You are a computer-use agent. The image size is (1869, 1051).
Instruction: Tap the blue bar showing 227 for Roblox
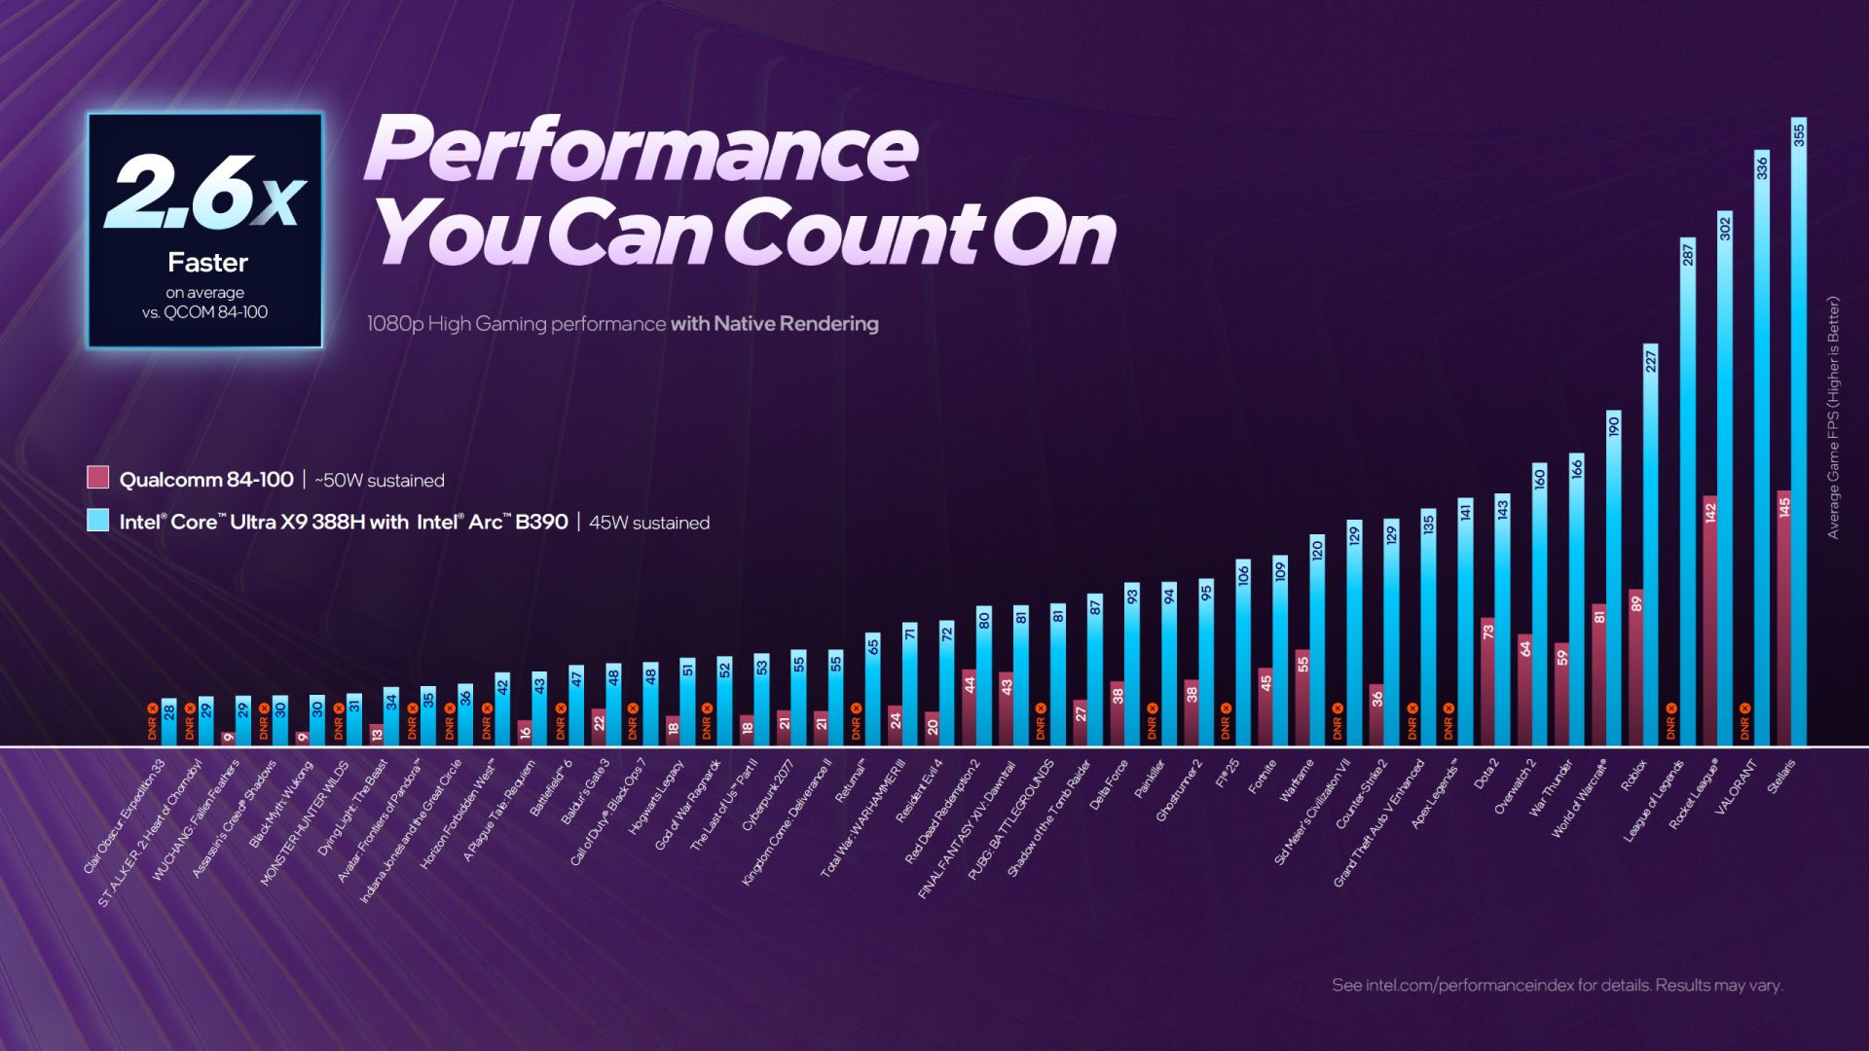point(1651,545)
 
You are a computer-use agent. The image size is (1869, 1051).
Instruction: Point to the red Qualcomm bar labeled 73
point(1487,681)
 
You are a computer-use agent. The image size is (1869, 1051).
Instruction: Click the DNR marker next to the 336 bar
point(1745,722)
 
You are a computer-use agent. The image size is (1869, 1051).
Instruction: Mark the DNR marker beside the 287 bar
point(1671,722)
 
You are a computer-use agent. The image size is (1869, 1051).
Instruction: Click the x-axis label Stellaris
point(1781,777)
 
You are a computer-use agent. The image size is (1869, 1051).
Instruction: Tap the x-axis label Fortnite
point(1262,779)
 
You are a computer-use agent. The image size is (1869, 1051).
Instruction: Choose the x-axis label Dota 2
point(1485,776)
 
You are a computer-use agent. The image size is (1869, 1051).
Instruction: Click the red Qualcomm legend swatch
point(97,478)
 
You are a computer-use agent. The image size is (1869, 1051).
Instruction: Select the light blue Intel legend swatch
point(97,521)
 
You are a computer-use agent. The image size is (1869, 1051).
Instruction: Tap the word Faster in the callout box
point(207,263)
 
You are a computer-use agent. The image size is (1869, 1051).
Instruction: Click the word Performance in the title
point(642,148)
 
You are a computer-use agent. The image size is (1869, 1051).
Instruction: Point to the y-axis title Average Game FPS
point(1834,418)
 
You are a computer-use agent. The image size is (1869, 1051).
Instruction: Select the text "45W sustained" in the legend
point(649,523)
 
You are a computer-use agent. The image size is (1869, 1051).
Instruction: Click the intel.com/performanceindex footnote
point(1557,986)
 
